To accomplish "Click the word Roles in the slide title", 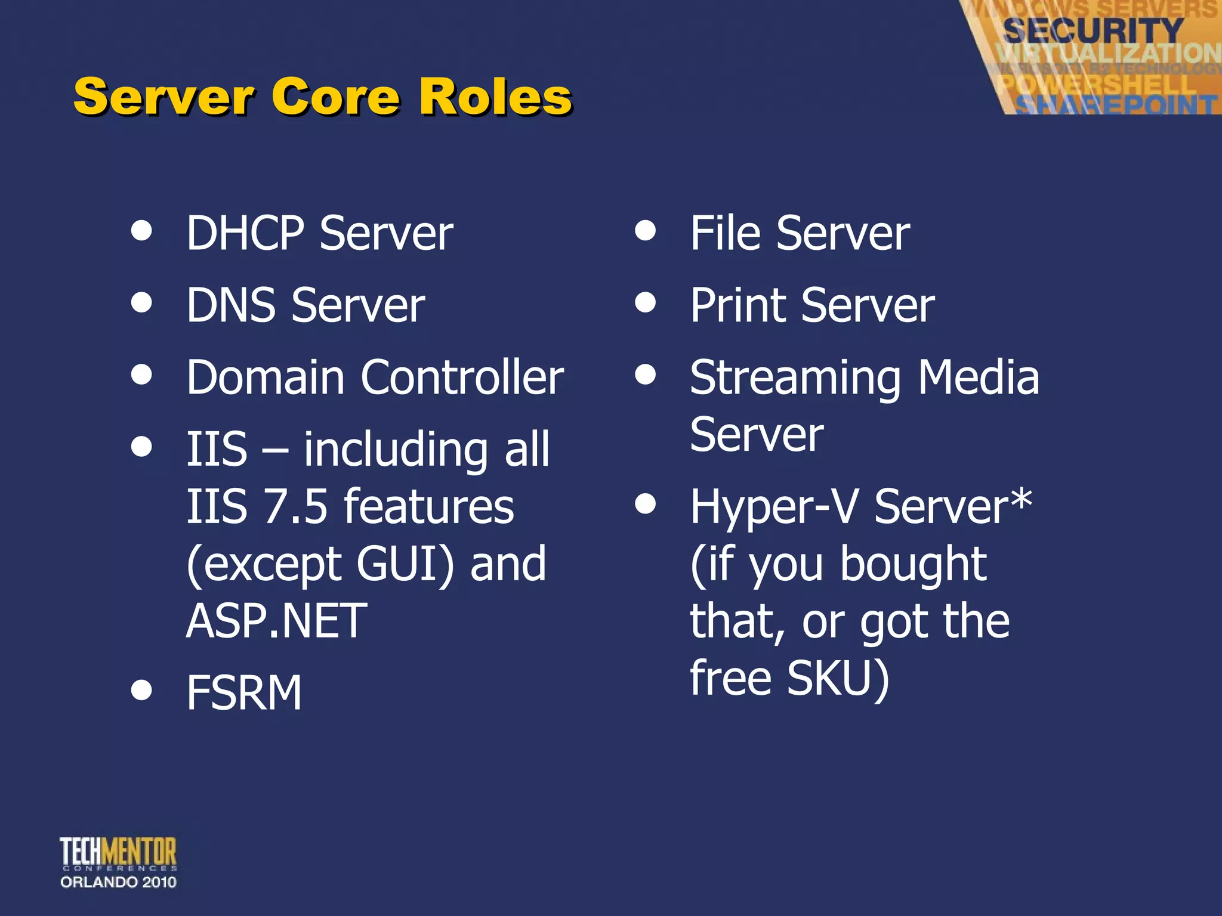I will click(x=495, y=97).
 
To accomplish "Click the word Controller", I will click(x=462, y=377).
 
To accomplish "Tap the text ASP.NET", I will click(x=276, y=621).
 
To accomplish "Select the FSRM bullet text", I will click(x=244, y=693).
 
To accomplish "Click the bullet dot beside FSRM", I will click(x=141, y=690).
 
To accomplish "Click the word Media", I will click(x=979, y=377).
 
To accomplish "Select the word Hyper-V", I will click(x=774, y=506).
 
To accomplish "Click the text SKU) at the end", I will click(x=838, y=679).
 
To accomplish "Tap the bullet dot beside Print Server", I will click(x=646, y=302).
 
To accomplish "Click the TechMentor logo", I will click(x=118, y=862).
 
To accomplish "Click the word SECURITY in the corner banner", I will click(x=1093, y=30).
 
